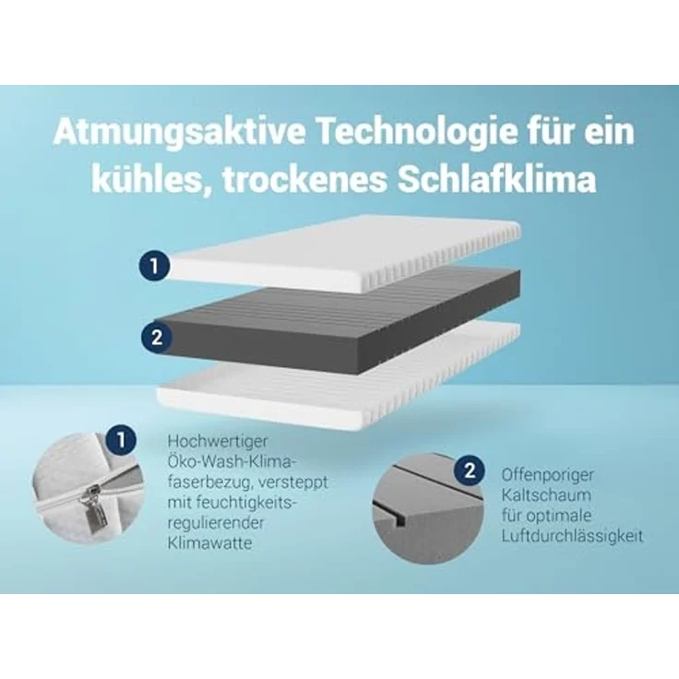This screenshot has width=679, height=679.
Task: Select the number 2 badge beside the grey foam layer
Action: click(x=156, y=337)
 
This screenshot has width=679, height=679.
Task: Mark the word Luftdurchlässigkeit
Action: click(x=572, y=536)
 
